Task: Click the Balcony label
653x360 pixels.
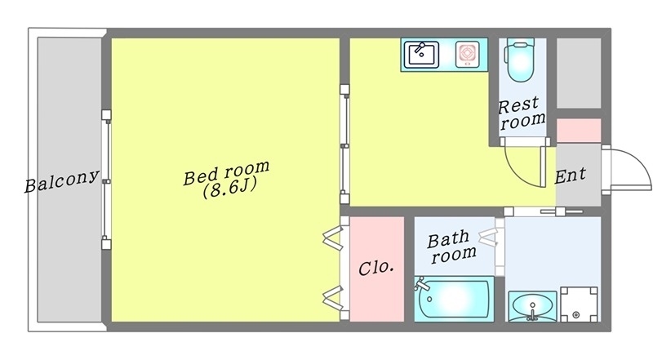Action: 62,181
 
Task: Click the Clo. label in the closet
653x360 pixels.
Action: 376,267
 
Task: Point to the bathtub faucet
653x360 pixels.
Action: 422,285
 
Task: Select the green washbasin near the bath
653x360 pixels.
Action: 531,308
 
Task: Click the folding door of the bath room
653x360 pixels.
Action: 489,238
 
